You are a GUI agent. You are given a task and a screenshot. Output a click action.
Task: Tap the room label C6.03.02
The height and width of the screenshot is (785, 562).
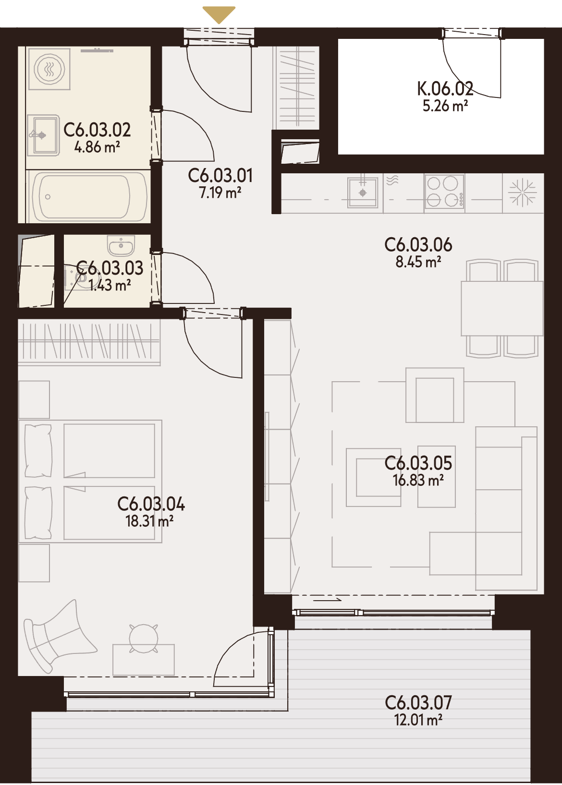pyautogui.click(x=97, y=130)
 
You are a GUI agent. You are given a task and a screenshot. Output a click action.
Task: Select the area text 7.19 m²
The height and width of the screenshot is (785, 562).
pyautogui.click(x=220, y=193)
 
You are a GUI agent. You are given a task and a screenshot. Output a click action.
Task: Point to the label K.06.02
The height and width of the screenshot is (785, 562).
pyautogui.click(x=445, y=89)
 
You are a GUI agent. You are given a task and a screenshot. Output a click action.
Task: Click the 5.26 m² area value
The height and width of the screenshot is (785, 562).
pyautogui.click(x=445, y=106)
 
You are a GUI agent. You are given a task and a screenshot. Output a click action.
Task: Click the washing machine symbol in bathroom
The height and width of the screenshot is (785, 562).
pyautogui.click(x=49, y=68)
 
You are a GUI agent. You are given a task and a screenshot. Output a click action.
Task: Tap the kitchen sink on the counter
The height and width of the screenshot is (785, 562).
pyautogui.click(x=363, y=193)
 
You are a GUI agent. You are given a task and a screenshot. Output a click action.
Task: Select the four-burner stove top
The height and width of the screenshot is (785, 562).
pyautogui.click(x=445, y=192)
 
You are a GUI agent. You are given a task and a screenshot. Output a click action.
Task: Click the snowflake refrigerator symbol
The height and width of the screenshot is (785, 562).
pyautogui.click(x=523, y=193)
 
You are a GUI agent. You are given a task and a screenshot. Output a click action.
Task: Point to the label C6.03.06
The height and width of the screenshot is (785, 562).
pyautogui.click(x=418, y=244)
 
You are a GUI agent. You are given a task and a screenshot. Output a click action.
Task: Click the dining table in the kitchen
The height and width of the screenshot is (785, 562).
pyautogui.click(x=502, y=308)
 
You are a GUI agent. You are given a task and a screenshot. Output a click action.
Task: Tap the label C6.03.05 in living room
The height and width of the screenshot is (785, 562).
pyautogui.click(x=418, y=463)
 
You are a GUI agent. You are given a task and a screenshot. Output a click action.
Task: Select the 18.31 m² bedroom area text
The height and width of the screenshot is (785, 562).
pyautogui.click(x=150, y=521)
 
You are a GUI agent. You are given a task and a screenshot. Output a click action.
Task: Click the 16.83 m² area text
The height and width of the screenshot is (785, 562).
pyautogui.click(x=418, y=480)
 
